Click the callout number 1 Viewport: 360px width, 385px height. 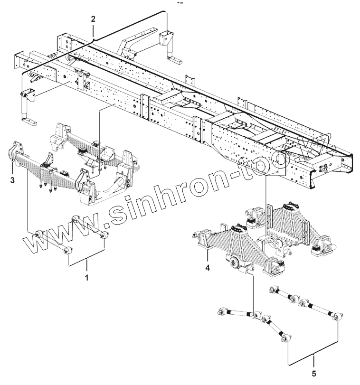click(x=86, y=276)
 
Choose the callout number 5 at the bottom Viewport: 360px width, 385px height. click(x=313, y=373)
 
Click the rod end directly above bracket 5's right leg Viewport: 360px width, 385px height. click(x=337, y=317)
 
